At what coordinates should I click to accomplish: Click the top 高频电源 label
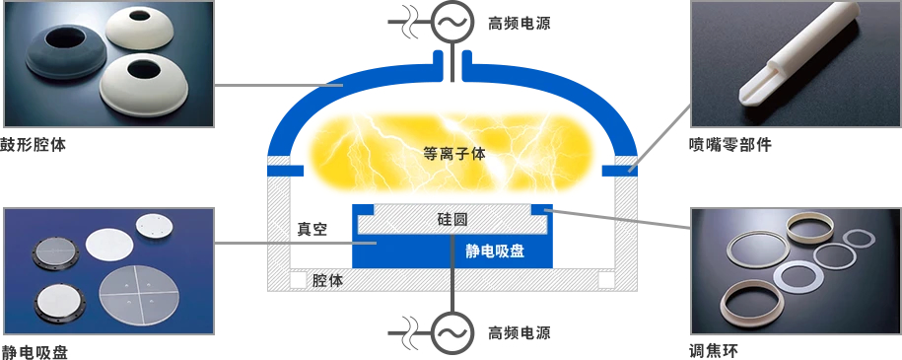[519, 23]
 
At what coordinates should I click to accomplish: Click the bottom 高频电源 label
[519, 332]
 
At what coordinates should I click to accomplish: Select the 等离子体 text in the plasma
[454, 154]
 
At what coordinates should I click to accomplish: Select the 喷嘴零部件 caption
[729, 145]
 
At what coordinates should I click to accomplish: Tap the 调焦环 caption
[714, 351]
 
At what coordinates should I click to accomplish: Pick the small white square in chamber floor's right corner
[606, 280]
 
